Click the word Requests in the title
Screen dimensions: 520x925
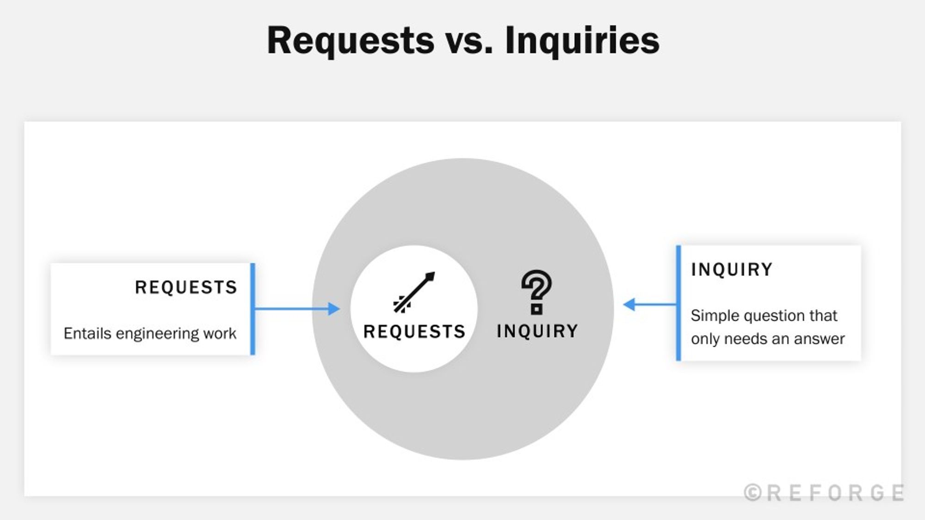tap(351, 41)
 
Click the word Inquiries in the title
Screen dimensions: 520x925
tap(582, 41)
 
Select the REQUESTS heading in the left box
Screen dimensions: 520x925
tap(186, 288)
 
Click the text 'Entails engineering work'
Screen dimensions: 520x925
tap(150, 333)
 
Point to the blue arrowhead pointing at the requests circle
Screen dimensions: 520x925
tap(334, 309)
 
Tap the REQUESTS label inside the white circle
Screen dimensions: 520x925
tap(414, 331)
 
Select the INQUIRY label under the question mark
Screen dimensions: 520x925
tap(537, 331)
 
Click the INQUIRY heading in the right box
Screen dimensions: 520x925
tap(732, 269)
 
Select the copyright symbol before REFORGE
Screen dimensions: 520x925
tap(753, 493)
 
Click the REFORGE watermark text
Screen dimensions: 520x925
tap(835, 493)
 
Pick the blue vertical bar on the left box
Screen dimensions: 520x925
tap(253, 309)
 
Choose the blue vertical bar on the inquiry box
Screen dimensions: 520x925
tap(678, 303)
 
